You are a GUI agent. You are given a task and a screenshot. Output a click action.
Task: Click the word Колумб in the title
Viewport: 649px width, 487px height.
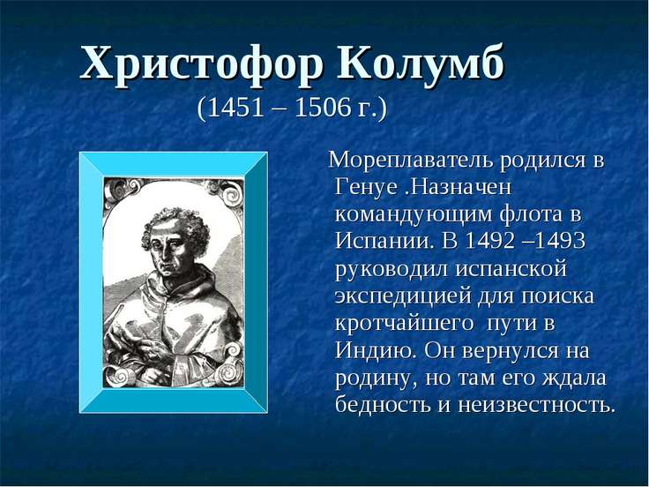pyautogui.click(x=421, y=64)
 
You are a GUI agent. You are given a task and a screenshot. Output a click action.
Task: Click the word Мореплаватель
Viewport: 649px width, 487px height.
pyautogui.click(x=408, y=162)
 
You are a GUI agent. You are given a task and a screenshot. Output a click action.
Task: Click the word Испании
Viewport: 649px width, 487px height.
pyautogui.click(x=379, y=243)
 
